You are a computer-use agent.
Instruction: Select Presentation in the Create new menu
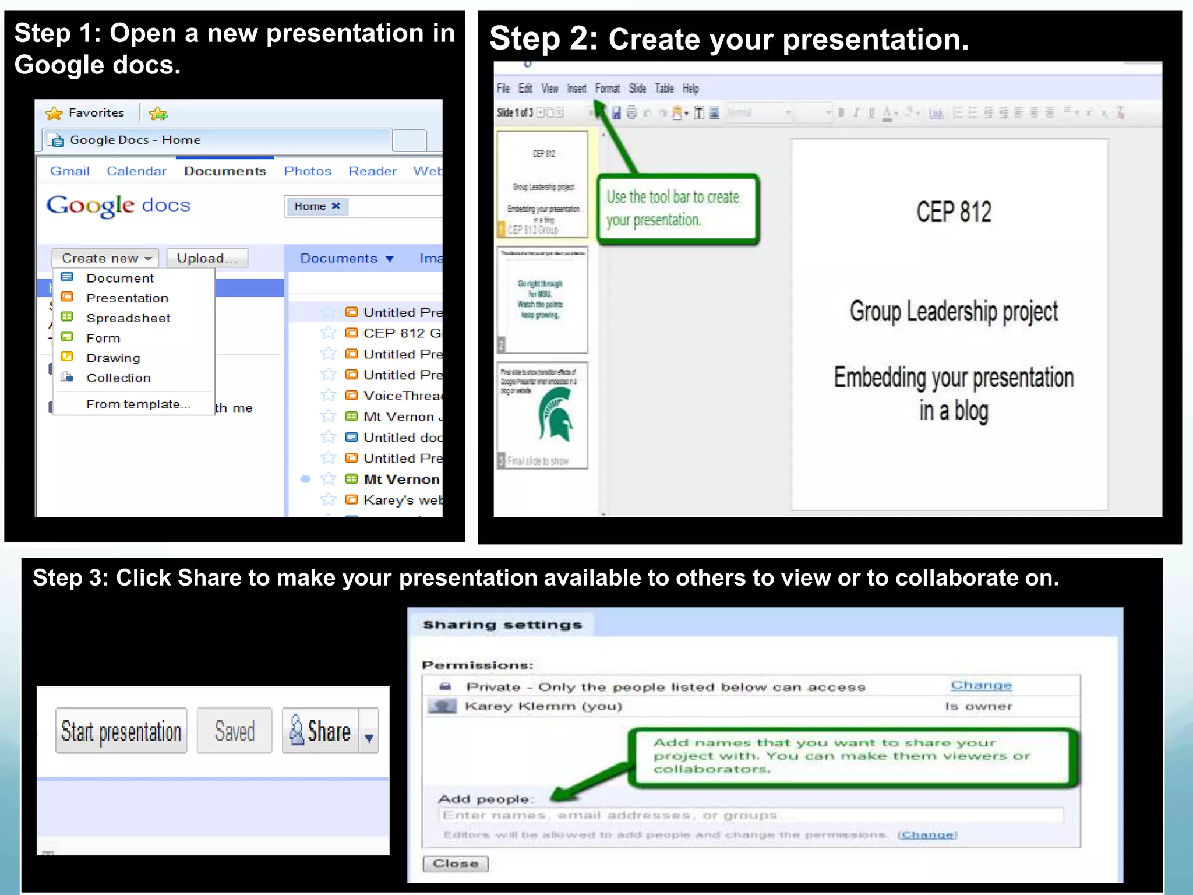coord(127,298)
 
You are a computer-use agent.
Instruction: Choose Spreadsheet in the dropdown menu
coord(128,318)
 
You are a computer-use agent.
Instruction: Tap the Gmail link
coord(70,171)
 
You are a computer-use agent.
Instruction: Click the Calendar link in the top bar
coord(136,171)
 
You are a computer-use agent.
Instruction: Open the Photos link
coord(308,171)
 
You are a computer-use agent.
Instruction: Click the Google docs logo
coord(118,206)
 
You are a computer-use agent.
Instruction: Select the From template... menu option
coord(138,404)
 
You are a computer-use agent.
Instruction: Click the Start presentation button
coord(121,731)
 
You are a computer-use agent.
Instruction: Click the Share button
coord(321,731)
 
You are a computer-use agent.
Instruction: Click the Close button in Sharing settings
coord(456,864)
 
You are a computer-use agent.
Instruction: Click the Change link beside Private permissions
coord(981,686)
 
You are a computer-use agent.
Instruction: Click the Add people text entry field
coord(750,815)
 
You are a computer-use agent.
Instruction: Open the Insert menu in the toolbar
coord(577,89)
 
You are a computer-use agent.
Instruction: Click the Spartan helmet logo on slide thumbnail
coord(556,415)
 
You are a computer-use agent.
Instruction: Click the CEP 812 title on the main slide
coord(954,212)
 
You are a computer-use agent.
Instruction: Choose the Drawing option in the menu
coord(113,358)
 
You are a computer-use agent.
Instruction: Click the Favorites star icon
coord(54,113)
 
